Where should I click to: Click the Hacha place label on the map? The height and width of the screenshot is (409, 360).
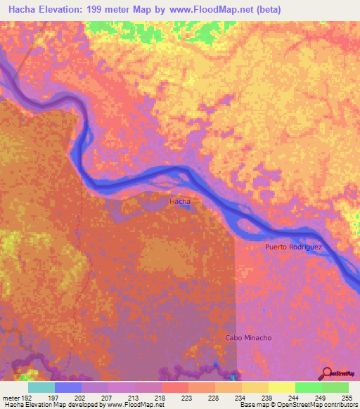(x=180, y=202)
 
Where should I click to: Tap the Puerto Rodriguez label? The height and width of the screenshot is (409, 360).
(x=292, y=247)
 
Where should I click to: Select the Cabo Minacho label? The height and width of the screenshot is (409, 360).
(x=247, y=338)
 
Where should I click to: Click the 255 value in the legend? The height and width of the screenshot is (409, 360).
(x=347, y=398)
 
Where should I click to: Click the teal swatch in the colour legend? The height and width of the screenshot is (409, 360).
(x=41, y=387)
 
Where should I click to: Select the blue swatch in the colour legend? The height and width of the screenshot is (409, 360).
(x=68, y=387)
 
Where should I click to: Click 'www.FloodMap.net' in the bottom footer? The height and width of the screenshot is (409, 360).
(x=133, y=405)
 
